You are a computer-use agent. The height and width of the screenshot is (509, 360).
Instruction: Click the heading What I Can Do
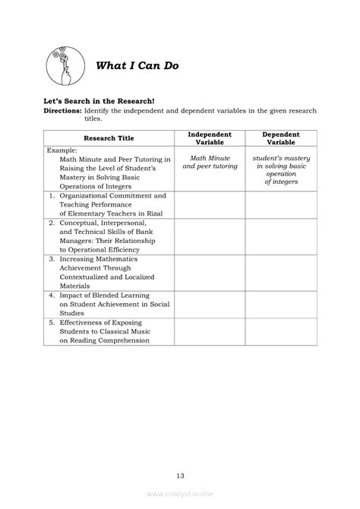tap(137, 65)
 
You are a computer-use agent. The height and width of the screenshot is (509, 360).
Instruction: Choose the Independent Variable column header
tap(210, 138)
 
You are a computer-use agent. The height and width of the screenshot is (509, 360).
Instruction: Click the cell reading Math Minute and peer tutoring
tap(210, 162)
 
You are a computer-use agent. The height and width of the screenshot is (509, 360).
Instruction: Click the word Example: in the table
tap(60, 150)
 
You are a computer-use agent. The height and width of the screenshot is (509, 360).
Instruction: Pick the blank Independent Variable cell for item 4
tap(210, 303)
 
